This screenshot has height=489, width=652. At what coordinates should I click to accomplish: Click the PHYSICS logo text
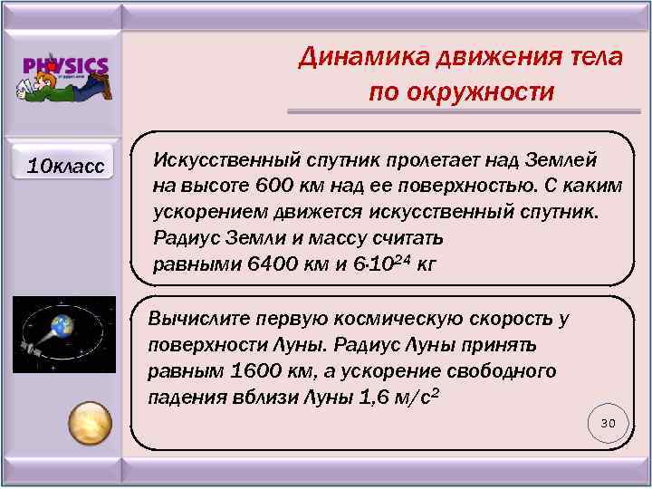pos(65,66)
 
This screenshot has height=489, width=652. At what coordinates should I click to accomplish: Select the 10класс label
pos(65,166)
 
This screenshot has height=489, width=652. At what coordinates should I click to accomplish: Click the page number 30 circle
pos(608,424)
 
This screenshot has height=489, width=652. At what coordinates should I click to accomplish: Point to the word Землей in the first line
pos(557,159)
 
